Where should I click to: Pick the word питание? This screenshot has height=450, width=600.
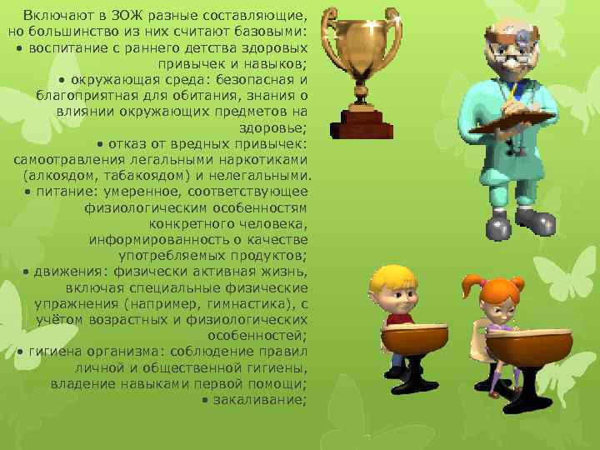61,192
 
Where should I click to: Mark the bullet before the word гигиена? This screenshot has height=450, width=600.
19,352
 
